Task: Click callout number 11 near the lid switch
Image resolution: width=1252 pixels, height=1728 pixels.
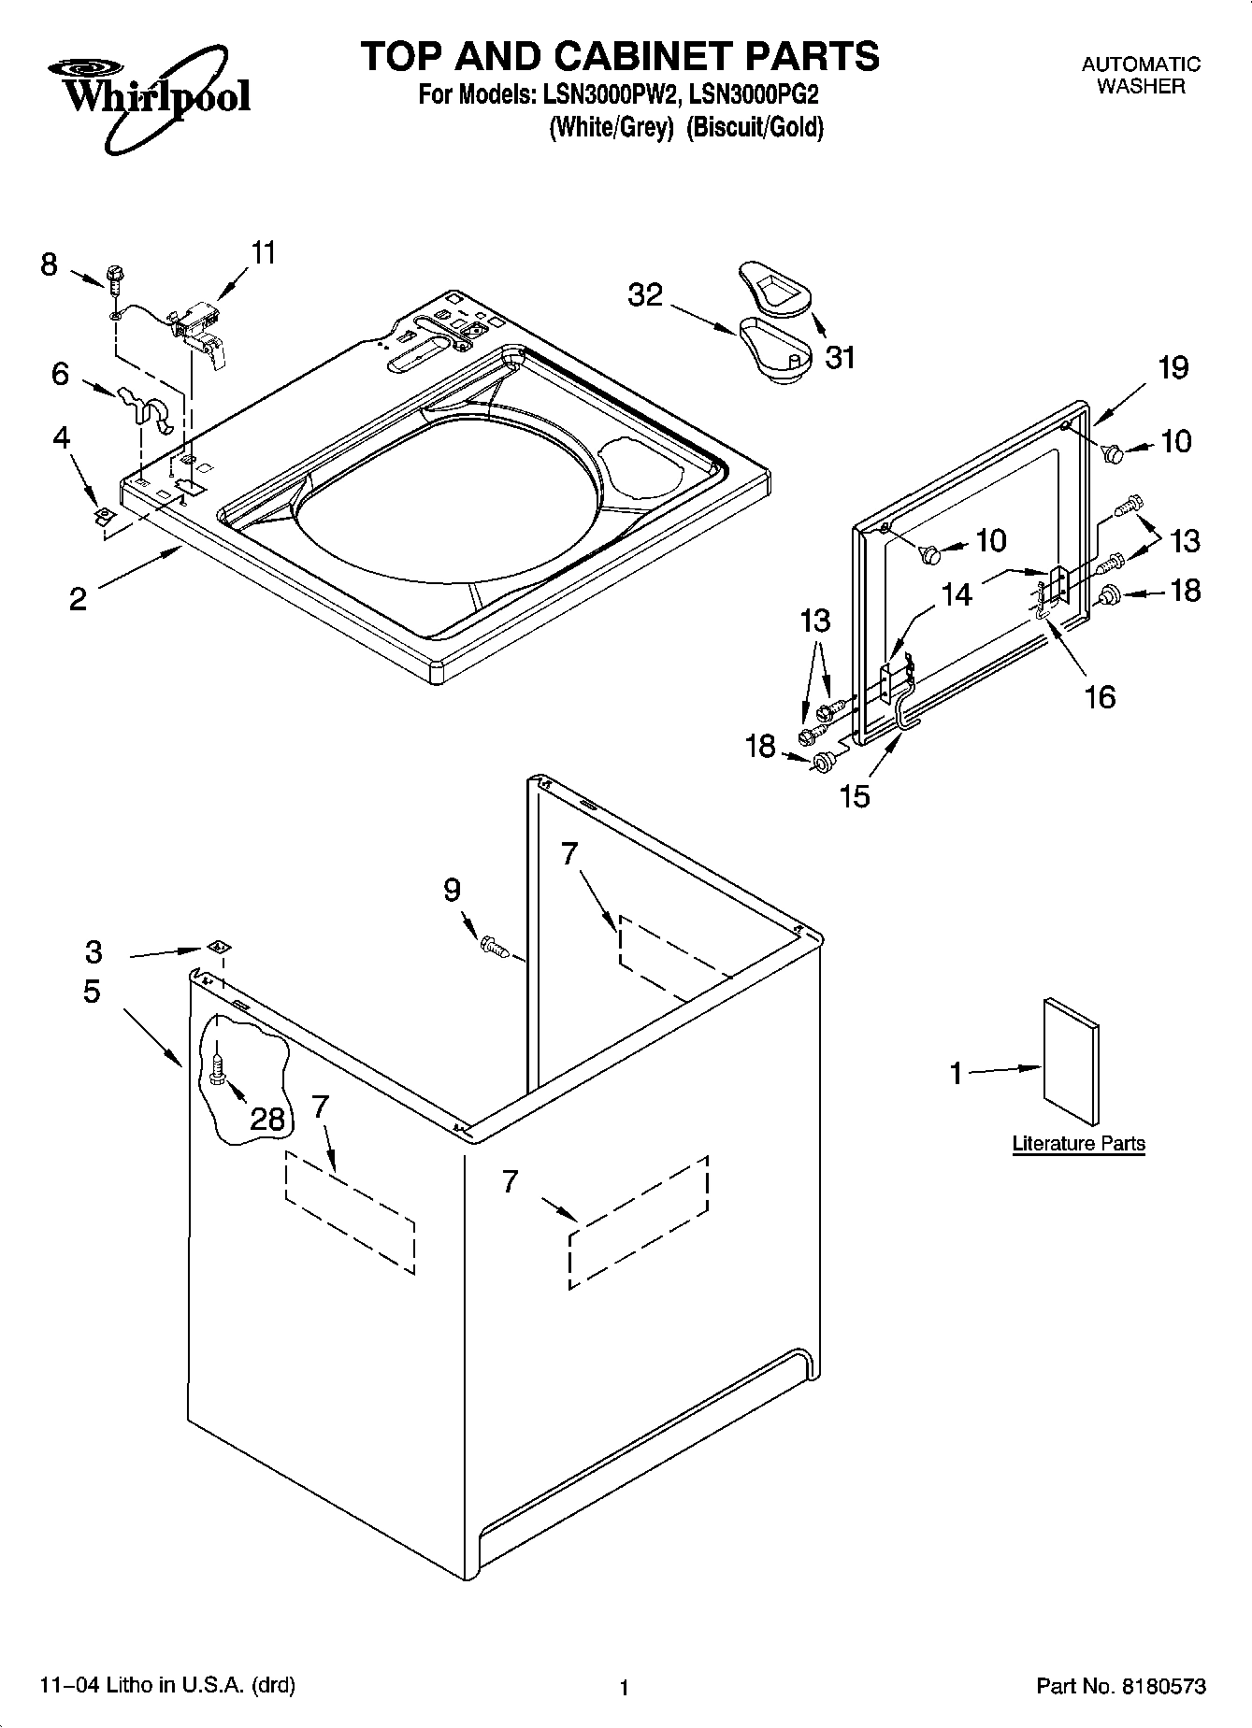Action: click(x=264, y=252)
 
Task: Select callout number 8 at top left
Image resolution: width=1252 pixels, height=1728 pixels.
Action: click(x=49, y=264)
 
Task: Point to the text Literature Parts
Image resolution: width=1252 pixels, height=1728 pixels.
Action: click(x=1078, y=1143)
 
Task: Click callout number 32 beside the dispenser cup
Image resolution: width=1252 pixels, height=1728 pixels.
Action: click(x=645, y=295)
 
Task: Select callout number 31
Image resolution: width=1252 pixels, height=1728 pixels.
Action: click(x=840, y=357)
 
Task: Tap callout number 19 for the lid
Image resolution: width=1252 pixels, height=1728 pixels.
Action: click(x=1173, y=367)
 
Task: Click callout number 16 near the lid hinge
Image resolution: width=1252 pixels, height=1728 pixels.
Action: click(x=1100, y=696)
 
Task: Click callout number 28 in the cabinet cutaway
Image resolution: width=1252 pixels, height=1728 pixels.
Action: click(x=267, y=1118)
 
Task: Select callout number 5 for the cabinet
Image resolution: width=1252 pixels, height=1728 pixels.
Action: click(x=91, y=992)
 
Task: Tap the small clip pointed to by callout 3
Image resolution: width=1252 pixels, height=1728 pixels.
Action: click(x=218, y=947)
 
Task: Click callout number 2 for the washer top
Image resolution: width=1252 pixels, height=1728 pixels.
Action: click(x=78, y=598)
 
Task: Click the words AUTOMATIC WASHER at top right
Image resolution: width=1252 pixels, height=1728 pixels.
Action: click(x=1141, y=75)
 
